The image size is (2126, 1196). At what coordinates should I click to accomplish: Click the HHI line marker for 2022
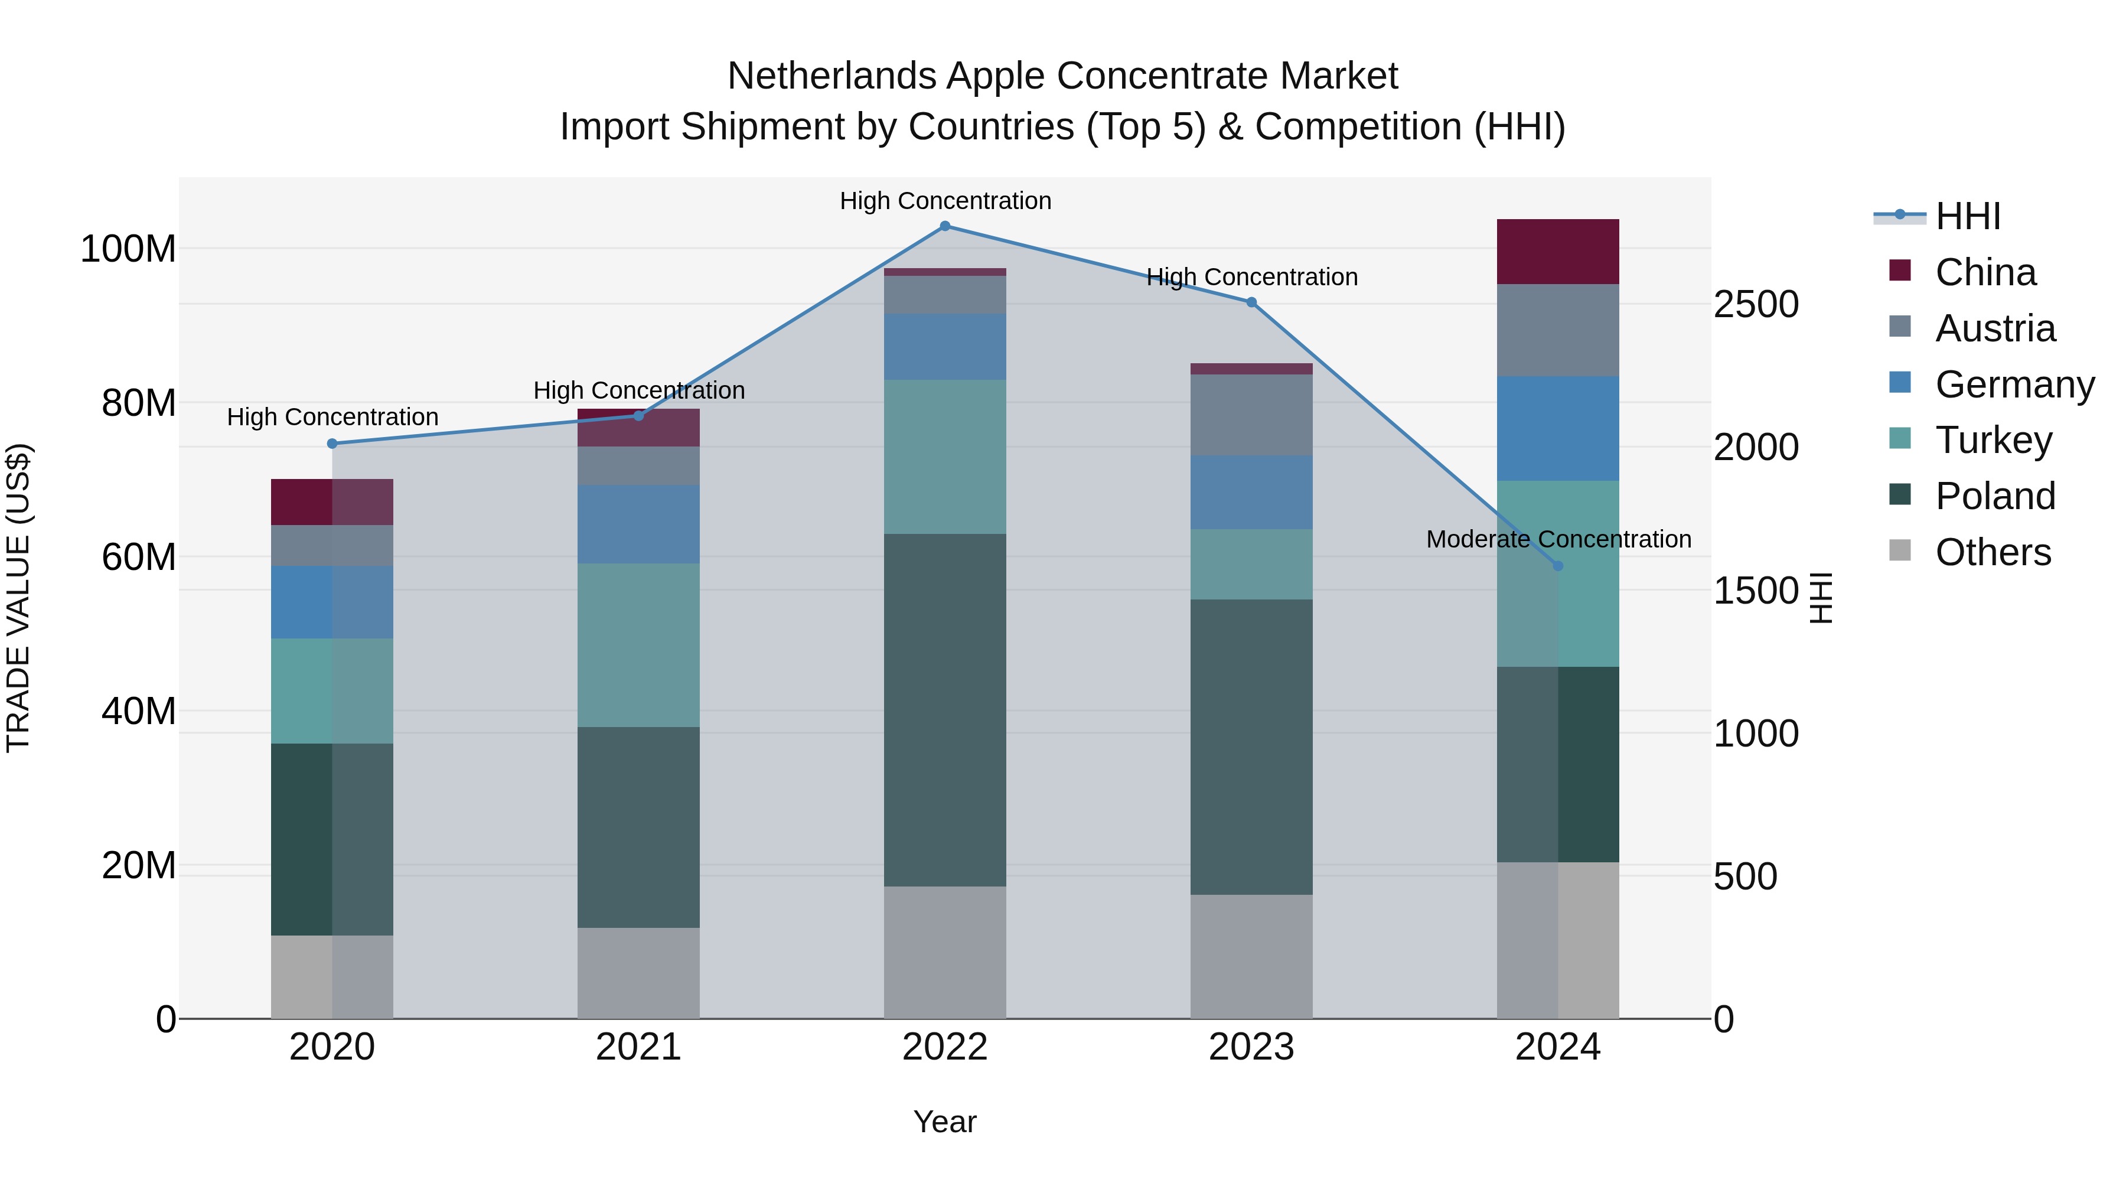945,226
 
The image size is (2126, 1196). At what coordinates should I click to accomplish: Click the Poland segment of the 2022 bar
945,710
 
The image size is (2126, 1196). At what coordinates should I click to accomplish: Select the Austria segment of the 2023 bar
1251,415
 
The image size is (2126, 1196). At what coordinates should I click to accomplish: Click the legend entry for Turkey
1993,440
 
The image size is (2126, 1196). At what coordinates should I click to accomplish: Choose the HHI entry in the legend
1968,216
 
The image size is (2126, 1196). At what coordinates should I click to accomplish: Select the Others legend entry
1993,552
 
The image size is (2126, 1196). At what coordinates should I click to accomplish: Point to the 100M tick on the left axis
128,249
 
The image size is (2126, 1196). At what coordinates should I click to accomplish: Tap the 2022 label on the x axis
945,1047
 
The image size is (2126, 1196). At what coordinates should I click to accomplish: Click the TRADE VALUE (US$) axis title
18,598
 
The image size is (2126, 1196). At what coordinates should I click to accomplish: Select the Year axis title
945,1122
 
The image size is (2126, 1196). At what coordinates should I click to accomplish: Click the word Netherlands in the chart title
831,76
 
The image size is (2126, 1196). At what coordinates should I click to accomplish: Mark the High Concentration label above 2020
332,417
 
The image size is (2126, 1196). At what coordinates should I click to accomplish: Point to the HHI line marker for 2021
638,416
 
